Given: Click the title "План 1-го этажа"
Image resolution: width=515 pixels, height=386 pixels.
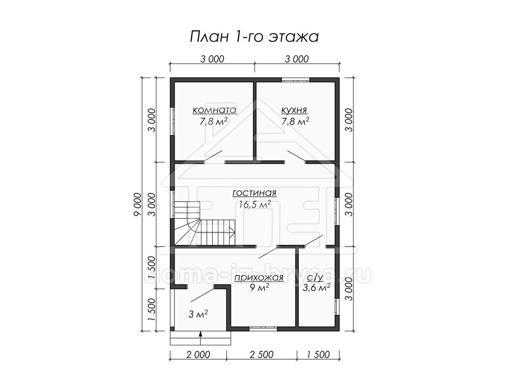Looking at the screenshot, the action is click(254, 37).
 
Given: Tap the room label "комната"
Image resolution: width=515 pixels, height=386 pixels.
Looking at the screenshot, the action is click(215, 110).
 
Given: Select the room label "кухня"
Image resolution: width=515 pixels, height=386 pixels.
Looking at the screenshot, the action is click(294, 110).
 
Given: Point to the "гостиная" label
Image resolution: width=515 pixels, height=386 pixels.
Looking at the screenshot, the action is click(254, 193).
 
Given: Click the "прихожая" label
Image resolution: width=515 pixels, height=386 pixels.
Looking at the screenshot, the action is click(259, 277).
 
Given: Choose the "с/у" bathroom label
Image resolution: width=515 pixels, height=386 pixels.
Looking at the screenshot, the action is click(315, 277).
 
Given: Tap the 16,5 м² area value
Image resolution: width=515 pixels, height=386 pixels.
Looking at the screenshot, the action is click(255, 204).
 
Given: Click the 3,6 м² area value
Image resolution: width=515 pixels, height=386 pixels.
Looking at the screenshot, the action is click(316, 287).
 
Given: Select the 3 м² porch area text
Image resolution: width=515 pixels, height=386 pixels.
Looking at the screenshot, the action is click(198, 314).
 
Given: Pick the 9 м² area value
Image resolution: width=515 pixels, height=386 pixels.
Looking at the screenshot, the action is click(259, 287).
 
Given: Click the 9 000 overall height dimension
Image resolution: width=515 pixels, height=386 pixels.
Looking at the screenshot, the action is click(137, 204).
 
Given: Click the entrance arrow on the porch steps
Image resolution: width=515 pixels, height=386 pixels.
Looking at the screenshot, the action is click(200, 338).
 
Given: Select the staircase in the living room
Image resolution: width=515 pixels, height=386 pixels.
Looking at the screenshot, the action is click(205, 223).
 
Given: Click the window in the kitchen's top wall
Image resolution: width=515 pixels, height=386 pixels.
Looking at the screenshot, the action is click(296, 80).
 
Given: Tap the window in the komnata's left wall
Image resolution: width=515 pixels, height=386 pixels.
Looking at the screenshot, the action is click(173, 121).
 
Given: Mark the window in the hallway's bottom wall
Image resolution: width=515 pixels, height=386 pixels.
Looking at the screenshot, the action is click(263, 329).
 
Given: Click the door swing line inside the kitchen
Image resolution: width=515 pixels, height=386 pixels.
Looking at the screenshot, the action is click(297, 156).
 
